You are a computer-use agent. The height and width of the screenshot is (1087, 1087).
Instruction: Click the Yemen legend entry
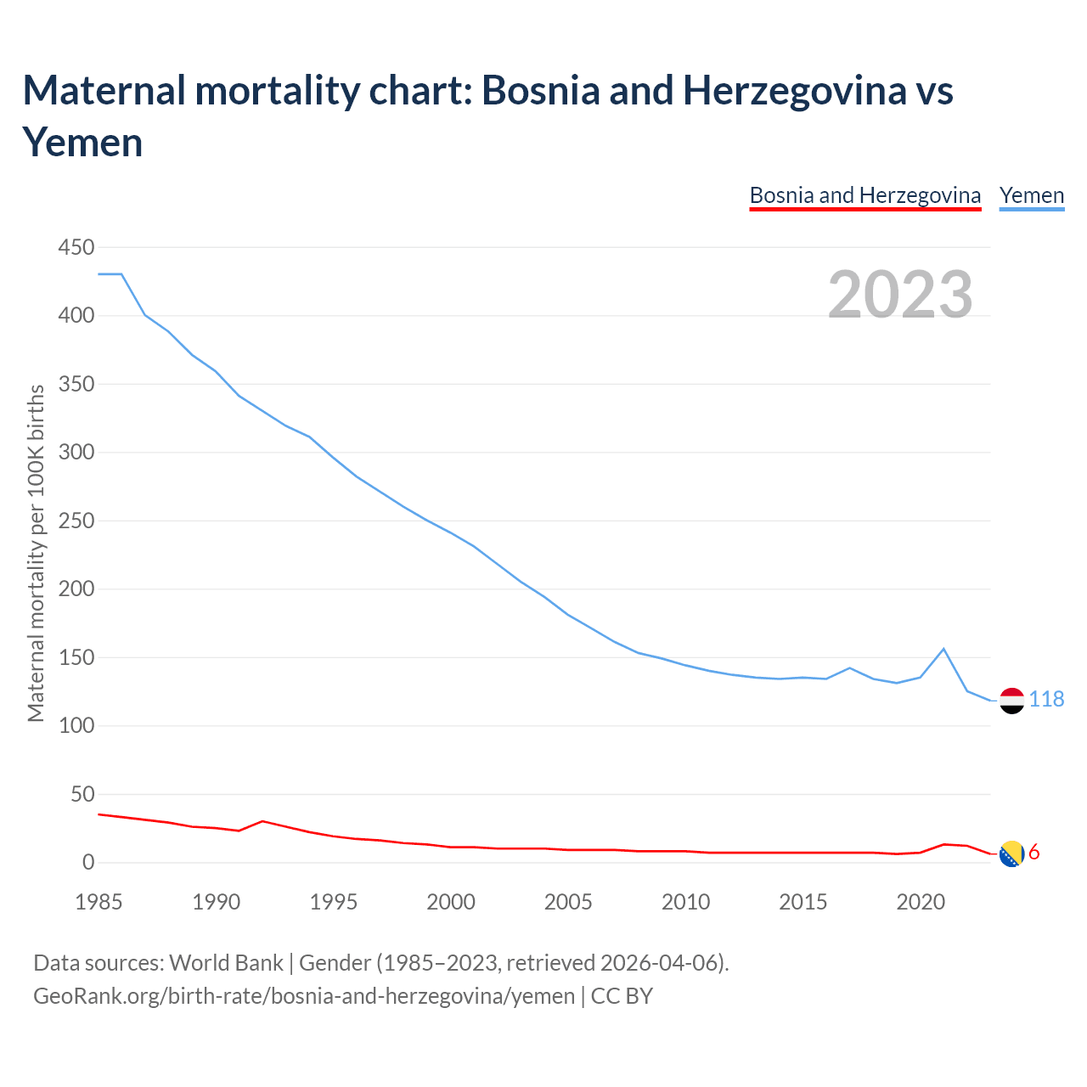1032,195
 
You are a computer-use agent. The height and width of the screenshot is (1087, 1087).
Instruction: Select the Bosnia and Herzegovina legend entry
865,195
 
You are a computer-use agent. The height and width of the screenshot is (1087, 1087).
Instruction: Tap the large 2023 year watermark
900,295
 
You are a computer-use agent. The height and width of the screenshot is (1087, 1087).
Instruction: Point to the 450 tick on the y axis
76,248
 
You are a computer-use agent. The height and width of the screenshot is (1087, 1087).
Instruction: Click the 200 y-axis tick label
76,589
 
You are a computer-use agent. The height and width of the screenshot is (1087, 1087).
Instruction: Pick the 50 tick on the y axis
81,795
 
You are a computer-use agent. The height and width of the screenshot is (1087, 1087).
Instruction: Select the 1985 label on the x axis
99,902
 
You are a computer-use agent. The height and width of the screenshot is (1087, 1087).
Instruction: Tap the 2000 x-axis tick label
451,902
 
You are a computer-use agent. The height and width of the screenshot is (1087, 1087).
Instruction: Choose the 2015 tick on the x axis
803,902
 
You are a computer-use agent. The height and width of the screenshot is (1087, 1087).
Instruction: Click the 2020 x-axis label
921,902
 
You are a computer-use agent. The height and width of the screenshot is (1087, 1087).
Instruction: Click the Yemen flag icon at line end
1011,701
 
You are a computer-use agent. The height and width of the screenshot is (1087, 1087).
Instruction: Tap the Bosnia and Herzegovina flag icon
1011,853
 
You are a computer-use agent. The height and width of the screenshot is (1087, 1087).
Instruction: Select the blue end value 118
1046,699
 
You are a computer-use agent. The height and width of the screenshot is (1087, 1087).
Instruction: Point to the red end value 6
1034,853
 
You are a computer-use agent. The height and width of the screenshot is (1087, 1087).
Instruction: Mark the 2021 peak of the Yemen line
943,649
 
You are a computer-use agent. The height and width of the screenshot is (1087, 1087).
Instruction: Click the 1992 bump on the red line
262,821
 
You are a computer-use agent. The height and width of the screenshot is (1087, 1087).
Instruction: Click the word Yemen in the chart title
82,142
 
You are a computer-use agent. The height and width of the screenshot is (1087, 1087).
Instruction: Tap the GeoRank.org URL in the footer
304,995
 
